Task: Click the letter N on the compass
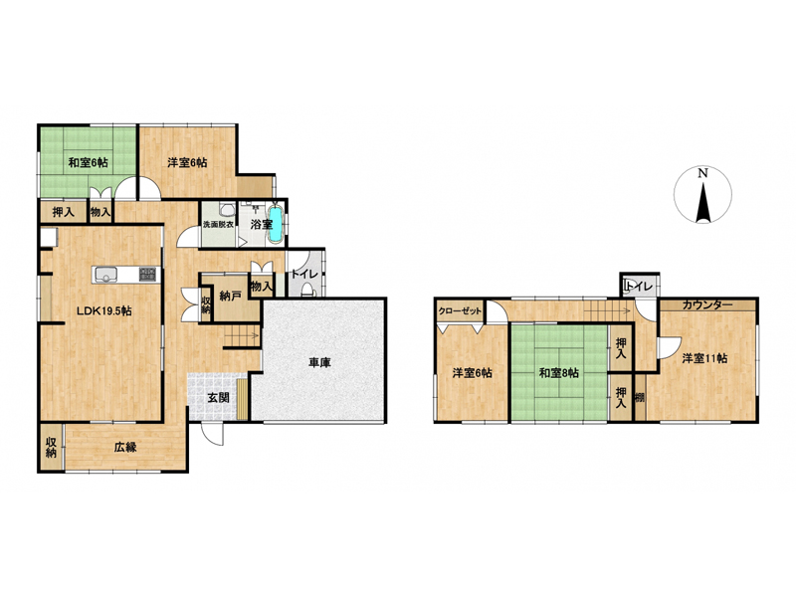(x=702, y=173)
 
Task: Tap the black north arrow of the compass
(x=702, y=203)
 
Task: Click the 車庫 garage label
(x=319, y=362)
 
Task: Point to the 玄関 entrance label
(x=218, y=397)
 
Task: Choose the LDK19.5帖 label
(x=104, y=311)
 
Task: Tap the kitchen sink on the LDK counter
(x=105, y=275)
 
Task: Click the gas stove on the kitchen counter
(x=147, y=275)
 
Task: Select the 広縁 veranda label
(x=125, y=448)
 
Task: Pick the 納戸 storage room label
(x=230, y=296)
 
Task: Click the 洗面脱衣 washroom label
(x=218, y=225)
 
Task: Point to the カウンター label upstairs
(x=707, y=304)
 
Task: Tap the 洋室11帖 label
(x=704, y=358)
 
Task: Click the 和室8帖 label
(x=558, y=374)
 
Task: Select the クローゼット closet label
(x=460, y=311)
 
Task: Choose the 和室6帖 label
(x=88, y=163)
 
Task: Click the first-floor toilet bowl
(x=307, y=290)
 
